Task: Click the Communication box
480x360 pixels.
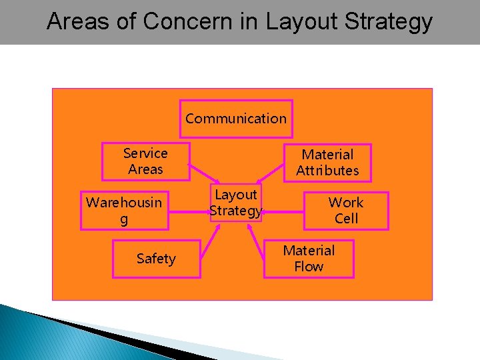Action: click(236, 119)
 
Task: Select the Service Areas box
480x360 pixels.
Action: click(145, 161)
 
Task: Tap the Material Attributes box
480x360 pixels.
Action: click(327, 163)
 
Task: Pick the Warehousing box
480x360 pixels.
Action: click(124, 211)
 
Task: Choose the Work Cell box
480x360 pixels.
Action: click(346, 211)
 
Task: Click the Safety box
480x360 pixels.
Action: click(156, 259)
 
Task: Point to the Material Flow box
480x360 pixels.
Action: click(309, 259)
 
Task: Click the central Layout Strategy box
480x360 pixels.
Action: click(236, 203)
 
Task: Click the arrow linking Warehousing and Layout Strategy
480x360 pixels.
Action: click(190, 211)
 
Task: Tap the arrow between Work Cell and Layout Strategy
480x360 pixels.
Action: click(283, 212)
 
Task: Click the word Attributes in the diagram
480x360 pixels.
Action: click(327, 171)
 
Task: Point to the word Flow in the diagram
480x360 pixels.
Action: click(309, 267)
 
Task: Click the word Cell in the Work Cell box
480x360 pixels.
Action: click(346, 219)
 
